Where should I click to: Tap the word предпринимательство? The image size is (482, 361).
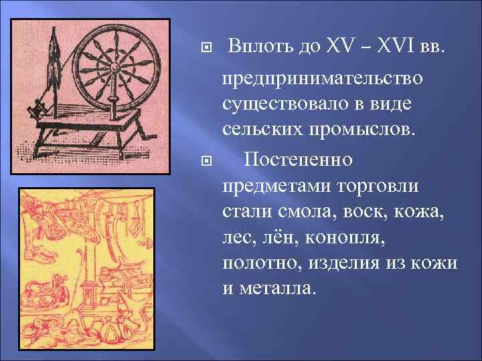pos(323,80)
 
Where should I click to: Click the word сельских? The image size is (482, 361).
pos(261,127)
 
